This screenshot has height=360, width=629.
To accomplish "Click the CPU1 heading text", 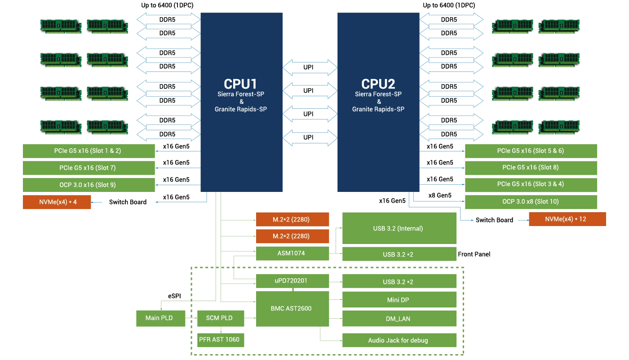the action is point(240,84).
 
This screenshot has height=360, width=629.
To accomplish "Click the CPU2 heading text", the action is point(378,84).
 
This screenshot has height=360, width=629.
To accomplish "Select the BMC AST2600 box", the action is point(292,309).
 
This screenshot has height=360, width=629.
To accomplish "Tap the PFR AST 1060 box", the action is point(221,340).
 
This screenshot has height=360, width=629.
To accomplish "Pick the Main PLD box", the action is point(161,318).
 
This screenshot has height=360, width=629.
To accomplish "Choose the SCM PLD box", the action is point(221,318).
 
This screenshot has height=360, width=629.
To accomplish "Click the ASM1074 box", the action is point(292,253).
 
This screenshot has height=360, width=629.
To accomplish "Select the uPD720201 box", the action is point(292,281).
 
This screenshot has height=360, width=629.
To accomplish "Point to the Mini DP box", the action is point(399,300).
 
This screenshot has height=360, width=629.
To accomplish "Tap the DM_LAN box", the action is point(399,319).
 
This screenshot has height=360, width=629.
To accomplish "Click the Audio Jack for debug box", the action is point(399,340).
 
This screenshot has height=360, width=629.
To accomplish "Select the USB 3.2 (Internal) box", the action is point(399,228).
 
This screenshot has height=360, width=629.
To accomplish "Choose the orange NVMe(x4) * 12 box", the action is point(567,219).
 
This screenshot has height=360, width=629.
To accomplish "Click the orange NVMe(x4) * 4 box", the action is point(57,202).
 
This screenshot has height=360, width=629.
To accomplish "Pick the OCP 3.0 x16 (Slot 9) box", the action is point(89,185).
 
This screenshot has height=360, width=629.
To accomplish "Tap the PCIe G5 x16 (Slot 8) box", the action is point(531,168).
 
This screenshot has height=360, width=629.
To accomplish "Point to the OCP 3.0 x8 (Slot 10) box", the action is point(531,202).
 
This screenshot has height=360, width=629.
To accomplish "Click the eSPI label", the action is point(174,296).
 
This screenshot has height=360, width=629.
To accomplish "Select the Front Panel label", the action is point(474,254).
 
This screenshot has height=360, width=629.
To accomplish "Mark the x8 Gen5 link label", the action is point(440,196).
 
